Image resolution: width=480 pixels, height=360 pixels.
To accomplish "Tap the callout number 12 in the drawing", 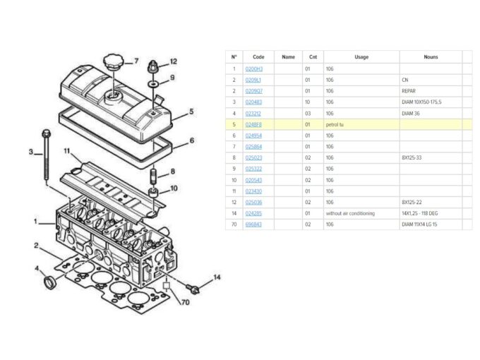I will point(174,61).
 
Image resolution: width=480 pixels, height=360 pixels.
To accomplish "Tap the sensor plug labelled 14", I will point(192,287).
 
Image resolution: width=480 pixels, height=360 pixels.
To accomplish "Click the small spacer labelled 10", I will point(152,192).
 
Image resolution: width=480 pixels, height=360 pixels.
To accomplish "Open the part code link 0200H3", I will point(253,68).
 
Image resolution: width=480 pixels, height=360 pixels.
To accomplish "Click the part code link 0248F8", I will point(253,124).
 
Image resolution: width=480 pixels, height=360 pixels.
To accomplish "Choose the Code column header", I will point(258,56).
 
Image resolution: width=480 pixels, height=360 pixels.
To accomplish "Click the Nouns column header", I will point(431,56).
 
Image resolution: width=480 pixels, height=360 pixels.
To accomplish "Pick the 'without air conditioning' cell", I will point(350,212).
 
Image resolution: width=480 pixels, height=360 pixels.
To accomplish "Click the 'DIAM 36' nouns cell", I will point(411,113).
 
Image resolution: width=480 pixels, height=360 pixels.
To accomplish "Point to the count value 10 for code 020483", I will point(308,102).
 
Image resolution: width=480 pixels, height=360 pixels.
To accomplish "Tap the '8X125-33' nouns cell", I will point(412,157).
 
